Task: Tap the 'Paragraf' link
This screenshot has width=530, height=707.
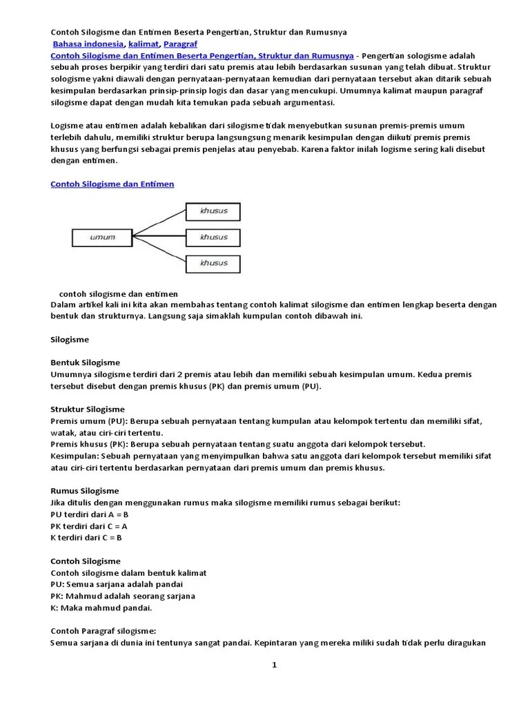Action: tap(180, 43)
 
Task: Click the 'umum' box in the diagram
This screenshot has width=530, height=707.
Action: tap(102, 238)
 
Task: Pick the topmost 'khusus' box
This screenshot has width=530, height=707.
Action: tap(213, 211)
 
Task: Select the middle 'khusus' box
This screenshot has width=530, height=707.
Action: tap(213, 238)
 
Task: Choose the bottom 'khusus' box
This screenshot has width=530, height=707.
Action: tap(213, 263)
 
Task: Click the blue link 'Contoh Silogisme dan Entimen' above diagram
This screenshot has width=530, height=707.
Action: tap(112, 184)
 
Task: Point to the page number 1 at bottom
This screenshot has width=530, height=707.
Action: tap(274, 665)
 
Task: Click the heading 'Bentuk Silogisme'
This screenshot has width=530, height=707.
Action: tap(86, 362)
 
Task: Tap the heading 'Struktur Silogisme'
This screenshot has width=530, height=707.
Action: tap(88, 409)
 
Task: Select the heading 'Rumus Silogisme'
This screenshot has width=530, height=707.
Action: tap(85, 491)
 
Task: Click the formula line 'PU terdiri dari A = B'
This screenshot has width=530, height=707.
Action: tap(90, 514)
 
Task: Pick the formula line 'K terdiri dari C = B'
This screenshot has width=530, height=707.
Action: tap(87, 538)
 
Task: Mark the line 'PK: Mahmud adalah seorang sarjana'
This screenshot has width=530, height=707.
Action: tap(123, 596)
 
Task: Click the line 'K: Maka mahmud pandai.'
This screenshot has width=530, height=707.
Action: tap(101, 608)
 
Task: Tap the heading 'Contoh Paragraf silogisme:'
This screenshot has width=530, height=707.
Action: tap(104, 631)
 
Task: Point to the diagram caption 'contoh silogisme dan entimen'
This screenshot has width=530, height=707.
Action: tap(118, 293)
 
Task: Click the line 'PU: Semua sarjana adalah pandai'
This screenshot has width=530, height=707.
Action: tap(117, 584)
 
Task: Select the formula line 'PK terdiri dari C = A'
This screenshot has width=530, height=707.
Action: tap(90, 526)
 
